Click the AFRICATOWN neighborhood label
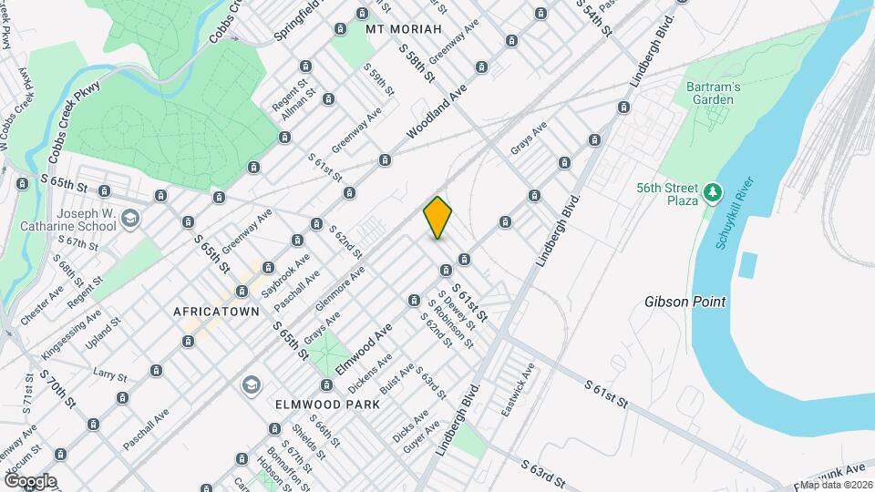pos(217,311)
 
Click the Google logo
pos(30,481)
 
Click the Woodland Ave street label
pos(436,114)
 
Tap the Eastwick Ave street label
pos(518,391)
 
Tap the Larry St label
pos(108,374)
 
